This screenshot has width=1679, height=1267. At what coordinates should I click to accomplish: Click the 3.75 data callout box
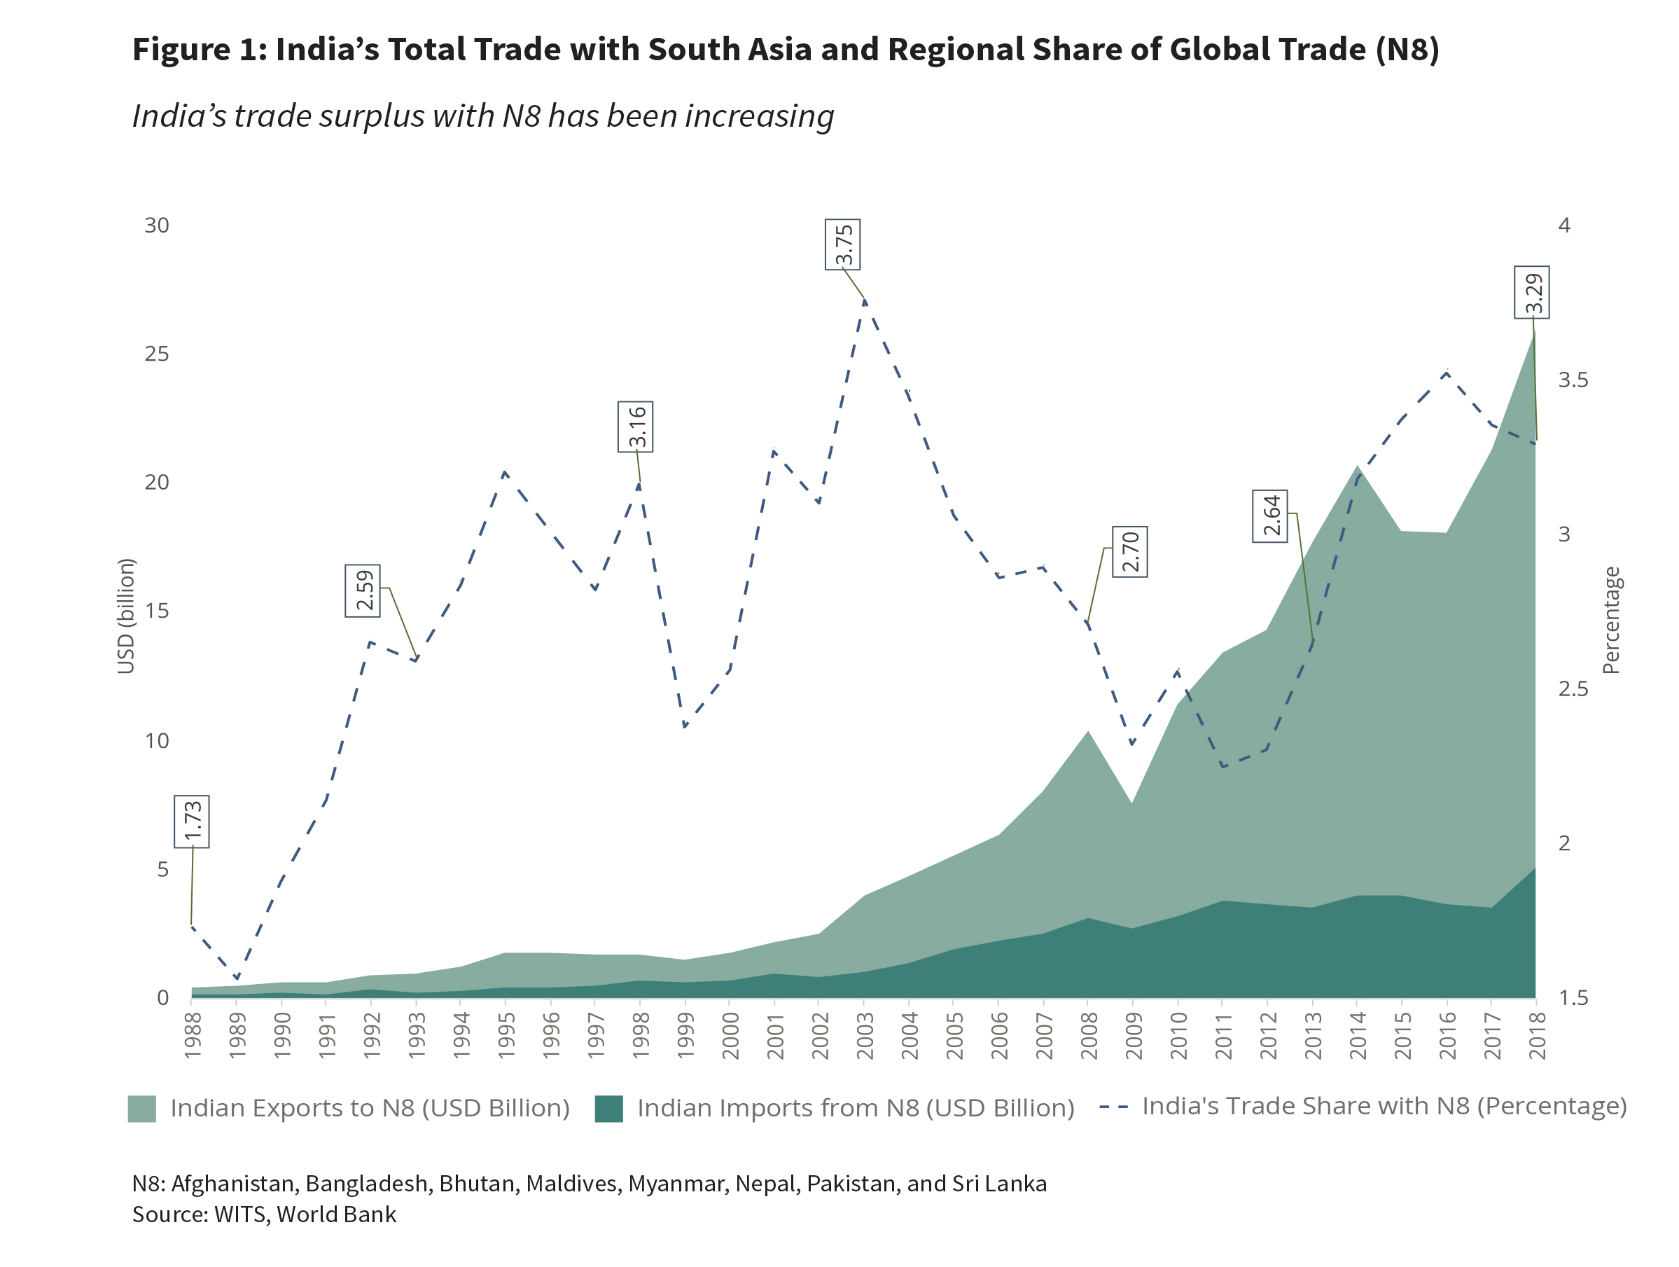(x=842, y=244)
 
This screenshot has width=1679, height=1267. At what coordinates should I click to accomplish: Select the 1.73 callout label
(x=191, y=822)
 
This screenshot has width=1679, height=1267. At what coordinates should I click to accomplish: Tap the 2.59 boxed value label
(x=363, y=590)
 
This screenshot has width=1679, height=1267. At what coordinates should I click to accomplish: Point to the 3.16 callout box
(x=635, y=427)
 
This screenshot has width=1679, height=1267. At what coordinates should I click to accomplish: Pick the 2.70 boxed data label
(x=1129, y=552)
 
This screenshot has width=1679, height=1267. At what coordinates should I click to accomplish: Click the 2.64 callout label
(x=1270, y=516)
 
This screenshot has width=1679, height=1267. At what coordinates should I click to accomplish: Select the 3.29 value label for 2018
(x=1532, y=293)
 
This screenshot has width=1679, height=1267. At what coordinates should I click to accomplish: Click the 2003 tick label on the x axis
(x=865, y=1035)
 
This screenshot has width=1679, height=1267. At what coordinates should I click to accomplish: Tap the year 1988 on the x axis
(x=192, y=1035)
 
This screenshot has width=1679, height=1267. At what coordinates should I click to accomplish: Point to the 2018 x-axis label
(x=1537, y=1035)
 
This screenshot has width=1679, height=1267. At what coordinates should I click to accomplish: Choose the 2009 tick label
(x=1134, y=1035)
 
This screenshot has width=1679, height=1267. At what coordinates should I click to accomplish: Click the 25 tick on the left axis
(x=156, y=354)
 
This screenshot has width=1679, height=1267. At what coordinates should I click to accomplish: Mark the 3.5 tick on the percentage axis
(x=1573, y=380)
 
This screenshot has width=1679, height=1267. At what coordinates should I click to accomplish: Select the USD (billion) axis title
(x=125, y=616)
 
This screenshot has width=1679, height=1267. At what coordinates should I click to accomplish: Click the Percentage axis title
(x=1610, y=621)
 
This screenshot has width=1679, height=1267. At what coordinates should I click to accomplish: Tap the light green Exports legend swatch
(x=142, y=1108)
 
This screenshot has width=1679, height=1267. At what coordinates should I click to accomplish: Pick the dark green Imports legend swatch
(x=608, y=1108)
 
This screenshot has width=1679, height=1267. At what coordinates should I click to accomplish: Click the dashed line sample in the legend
(x=1113, y=1107)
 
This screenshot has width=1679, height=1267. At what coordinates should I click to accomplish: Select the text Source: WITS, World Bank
(x=264, y=1214)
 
